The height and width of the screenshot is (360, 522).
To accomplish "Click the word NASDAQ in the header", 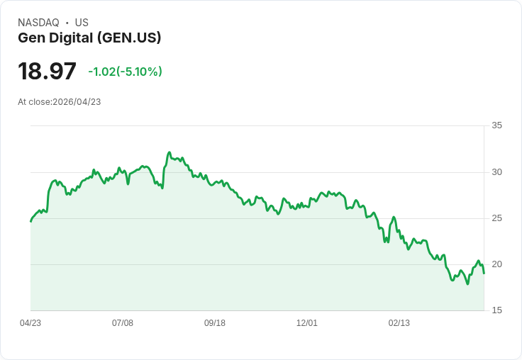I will click(38, 23).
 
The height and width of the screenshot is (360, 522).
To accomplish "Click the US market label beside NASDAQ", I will click(82, 23).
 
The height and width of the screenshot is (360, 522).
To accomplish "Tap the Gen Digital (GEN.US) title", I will click(89, 38).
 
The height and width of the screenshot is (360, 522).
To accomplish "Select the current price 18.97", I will click(47, 71).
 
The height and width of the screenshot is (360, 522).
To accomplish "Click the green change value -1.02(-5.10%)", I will click(125, 72).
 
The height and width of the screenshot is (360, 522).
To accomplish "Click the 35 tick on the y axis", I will click(497, 125).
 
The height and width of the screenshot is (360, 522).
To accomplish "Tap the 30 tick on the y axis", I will click(497, 172).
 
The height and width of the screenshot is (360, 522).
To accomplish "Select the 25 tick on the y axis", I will click(497, 218).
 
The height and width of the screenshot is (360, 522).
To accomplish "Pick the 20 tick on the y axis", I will click(497, 264).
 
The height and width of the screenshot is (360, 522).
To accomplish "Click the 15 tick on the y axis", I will click(497, 310).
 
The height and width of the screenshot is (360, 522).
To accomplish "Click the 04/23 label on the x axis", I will click(30, 323).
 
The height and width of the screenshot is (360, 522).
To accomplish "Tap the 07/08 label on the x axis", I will click(123, 323).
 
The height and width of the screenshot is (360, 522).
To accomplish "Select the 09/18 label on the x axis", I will click(215, 323).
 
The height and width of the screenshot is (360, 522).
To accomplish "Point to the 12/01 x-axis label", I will click(307, 323).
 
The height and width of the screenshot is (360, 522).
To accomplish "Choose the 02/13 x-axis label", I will click(399, 323).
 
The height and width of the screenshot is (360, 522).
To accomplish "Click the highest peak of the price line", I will click(169, 152).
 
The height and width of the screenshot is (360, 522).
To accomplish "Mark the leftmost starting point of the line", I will click(30, 221).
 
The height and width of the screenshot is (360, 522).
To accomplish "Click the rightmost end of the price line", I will click(484, 273).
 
